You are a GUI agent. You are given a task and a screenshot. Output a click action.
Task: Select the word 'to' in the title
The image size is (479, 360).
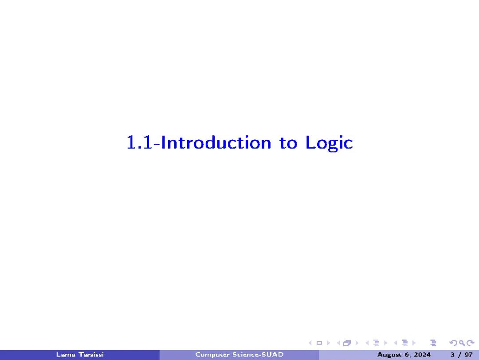pyautogui.click(x=288, y=143)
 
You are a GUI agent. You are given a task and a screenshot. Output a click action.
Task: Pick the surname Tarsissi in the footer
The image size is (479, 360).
pyautogui.click(x=90, y=354)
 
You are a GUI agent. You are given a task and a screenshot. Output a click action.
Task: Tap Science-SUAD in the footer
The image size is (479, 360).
pyautogui.click(x=256, y=354)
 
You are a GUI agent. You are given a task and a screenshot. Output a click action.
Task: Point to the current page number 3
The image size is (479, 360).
pyautogui.click(x=452, y=354)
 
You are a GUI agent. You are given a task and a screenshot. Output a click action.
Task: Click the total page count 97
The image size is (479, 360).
pyautogui.click(x=468, y=354)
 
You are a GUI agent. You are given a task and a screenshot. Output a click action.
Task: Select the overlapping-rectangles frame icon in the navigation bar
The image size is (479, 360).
pyautogui.click(x=346, y=343)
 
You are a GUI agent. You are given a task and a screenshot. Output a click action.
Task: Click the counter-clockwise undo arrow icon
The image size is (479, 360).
pyautogui.click(x=453, y=343)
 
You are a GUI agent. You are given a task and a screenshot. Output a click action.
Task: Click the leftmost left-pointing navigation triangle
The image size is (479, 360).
pyautogui.click(x=310, y=343)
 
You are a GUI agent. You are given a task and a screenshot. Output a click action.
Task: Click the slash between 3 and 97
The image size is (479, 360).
pyautogui.click(x=459, y=354)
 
